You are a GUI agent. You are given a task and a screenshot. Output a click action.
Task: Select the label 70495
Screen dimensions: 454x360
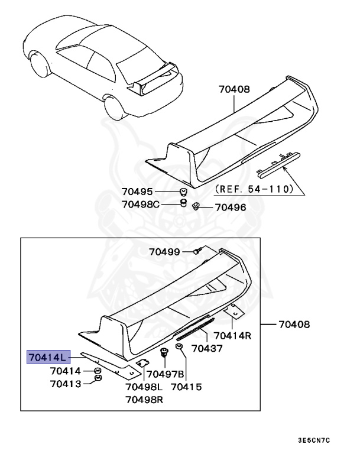[x=138, y=192]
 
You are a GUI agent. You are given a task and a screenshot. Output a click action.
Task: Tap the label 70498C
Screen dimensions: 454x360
[x=141, y=204]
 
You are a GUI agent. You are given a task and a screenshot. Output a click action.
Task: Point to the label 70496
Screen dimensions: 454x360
[x=230, y=207]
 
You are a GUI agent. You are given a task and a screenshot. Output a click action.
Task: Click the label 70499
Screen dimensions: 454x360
[x=164, y=251]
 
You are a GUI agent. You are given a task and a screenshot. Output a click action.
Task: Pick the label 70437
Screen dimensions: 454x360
[x=206, y=349]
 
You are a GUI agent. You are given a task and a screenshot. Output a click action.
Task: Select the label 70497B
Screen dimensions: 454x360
[x=166, y=374]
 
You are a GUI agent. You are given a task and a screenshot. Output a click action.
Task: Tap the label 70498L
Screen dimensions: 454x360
[x=144, y=387]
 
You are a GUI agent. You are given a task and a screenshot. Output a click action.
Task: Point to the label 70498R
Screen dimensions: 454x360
[x=144, y=400]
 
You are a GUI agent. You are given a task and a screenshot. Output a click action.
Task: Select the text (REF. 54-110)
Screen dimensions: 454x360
[x=254, y=190]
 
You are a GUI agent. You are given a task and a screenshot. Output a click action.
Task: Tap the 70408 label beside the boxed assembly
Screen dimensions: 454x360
[x=294, y=325]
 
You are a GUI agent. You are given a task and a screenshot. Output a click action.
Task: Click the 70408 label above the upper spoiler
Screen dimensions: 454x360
[x=234, y=90]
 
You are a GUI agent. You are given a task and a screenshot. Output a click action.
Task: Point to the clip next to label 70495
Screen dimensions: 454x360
[x=183, y=192]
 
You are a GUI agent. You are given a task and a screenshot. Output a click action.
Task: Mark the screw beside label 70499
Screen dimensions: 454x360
[x=198, y=251]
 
